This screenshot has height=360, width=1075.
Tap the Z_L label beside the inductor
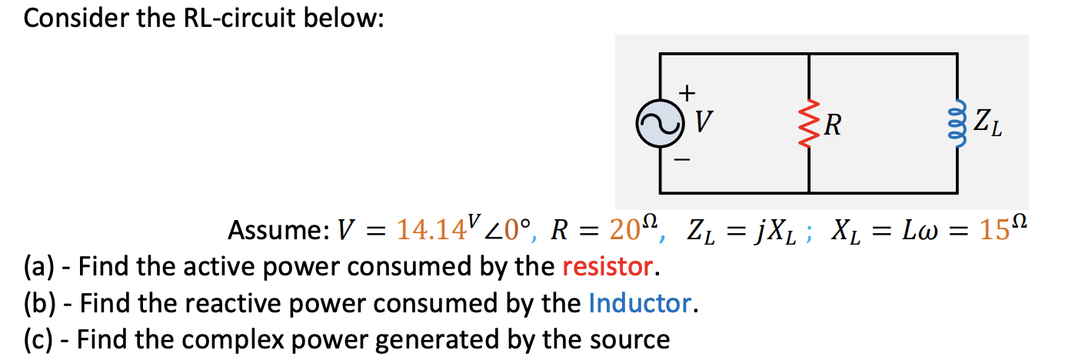point(987,123)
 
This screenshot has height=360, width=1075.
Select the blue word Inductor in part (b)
point(640,303)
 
